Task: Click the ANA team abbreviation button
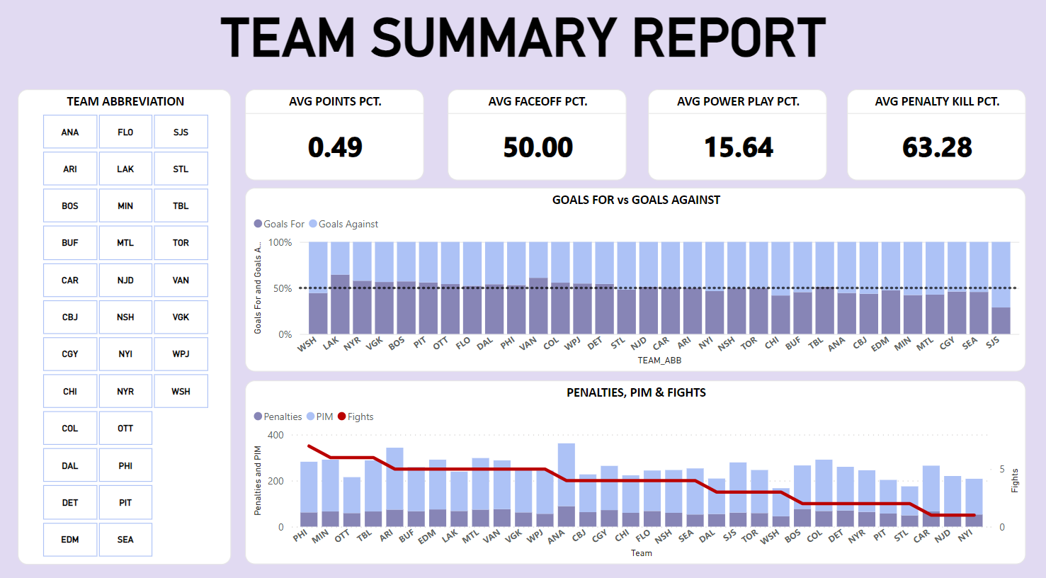point(69,132)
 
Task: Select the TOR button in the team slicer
point(181,243)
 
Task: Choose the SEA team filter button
point(125,540)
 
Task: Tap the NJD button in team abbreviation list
point(125,280)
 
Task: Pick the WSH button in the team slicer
point(181,392)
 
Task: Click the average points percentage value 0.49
point(335,147)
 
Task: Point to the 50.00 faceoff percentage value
point(538,147)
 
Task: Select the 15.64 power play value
point(738,147)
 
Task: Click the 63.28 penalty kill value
point(937,147)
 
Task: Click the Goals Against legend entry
point(348,224)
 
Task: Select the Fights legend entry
point(360,416)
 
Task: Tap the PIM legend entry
point(324,416)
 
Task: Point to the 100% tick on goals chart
point(280,242)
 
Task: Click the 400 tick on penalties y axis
point(275,435)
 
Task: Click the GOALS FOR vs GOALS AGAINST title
point(635,200)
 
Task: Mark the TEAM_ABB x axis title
point(659,361)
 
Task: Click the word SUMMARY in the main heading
point(494,38)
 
